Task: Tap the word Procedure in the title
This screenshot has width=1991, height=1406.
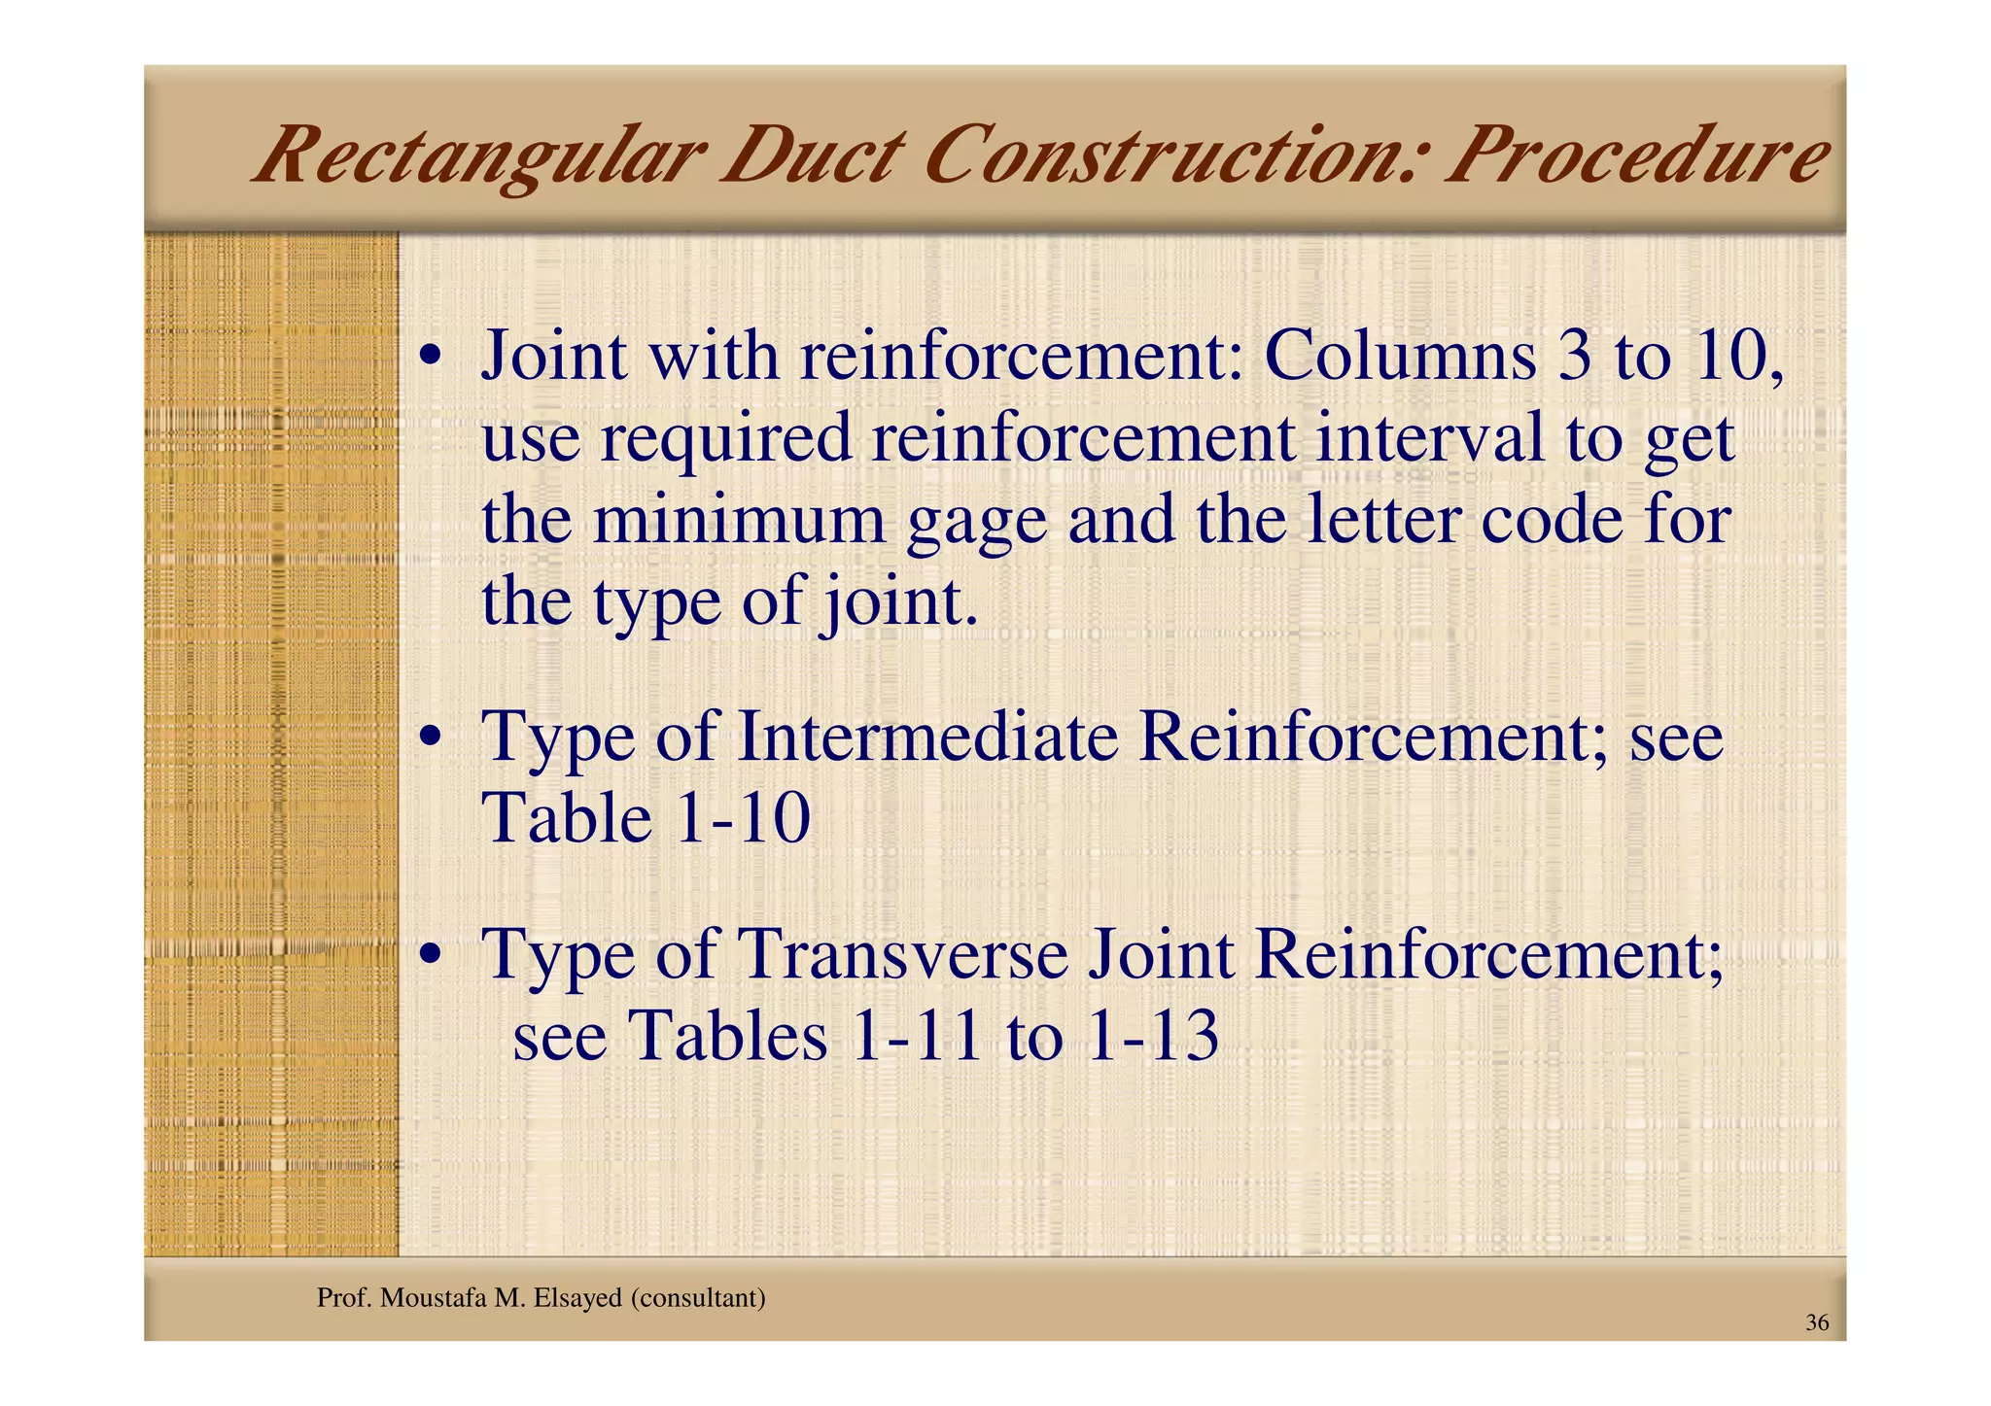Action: [x=1633, y=155]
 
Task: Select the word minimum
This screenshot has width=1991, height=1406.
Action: [x=739, y=520]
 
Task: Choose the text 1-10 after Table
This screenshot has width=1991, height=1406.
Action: [x=742, y=818]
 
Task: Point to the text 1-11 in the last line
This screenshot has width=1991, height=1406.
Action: [x=916, y=1036]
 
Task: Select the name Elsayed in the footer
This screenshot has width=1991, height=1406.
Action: [x=576, y=1298]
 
